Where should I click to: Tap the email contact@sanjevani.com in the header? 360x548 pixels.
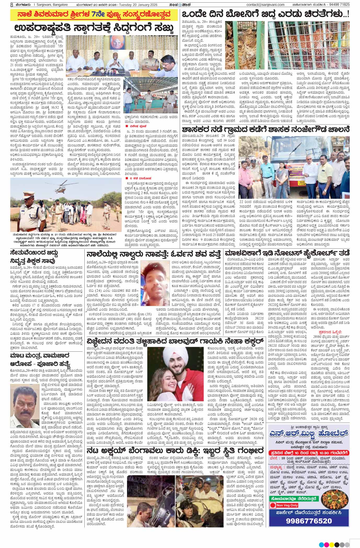[265, 5]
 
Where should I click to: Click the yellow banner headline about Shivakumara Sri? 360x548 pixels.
[92, 15]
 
